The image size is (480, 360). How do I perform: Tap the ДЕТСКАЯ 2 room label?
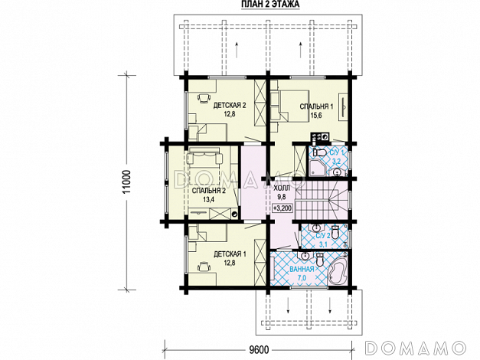coord(230,106)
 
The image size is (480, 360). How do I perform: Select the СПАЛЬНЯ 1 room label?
coord(316,106)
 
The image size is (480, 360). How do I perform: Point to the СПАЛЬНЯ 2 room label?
coord(209,191)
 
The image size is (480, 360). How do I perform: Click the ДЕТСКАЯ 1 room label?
coord(230,254)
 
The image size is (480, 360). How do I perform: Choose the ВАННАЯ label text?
coord(302,270)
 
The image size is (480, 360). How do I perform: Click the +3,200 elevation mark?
coord(282,208)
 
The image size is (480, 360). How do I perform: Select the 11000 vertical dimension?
coord(127,182)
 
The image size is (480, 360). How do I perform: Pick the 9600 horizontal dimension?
coord(259,349)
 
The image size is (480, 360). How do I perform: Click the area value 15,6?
coord(316,116)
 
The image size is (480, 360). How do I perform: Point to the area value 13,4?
coord(208,200)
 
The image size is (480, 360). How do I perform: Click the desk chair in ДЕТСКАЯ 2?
coord(204,98)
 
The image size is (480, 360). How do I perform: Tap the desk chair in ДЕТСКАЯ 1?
coord(204,267)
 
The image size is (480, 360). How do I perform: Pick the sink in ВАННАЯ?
coord(305,255)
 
